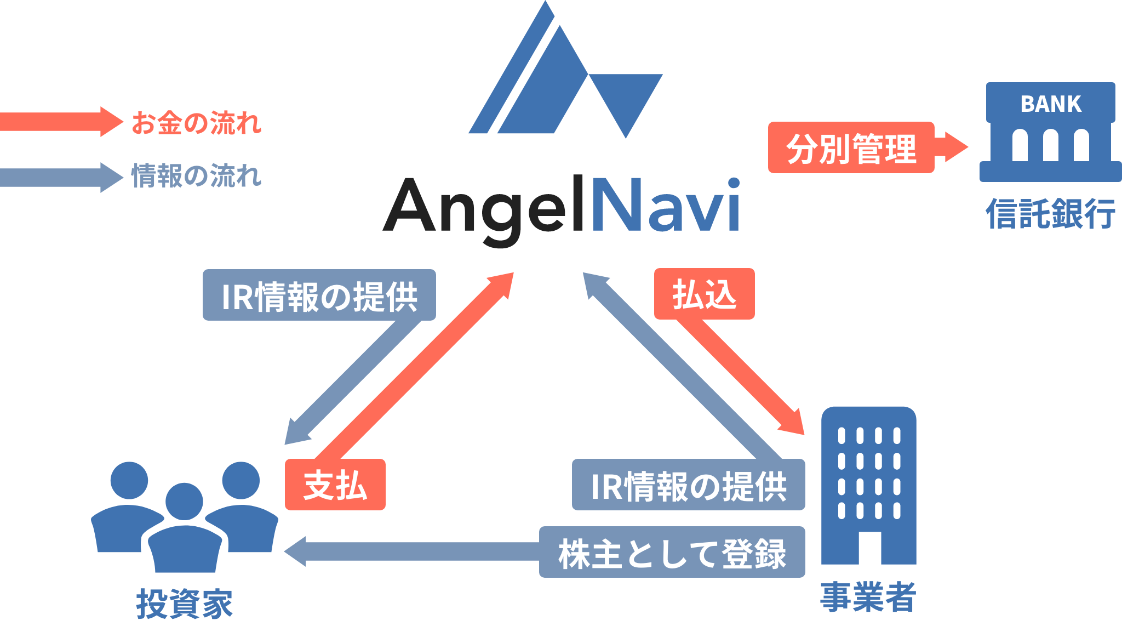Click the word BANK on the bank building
coord(1050,104)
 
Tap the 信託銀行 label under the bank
coord(1050,214)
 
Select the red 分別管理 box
coord(851,148)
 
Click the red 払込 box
coord(704,294)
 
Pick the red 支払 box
coord(335,485)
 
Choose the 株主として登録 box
coord(672,553)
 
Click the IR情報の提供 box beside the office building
coord(688,485)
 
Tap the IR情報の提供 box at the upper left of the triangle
coord(319,295)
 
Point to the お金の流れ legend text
coord(196,123)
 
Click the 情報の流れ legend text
coord(196,176)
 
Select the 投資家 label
coord(184,603)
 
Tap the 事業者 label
coord(868,597)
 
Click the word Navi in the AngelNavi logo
coord(666,206)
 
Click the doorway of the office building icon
coord(869,548)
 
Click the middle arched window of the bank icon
coord(1050,145)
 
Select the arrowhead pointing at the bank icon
coord(956,147)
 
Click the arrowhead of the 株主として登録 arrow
coord(296,551)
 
